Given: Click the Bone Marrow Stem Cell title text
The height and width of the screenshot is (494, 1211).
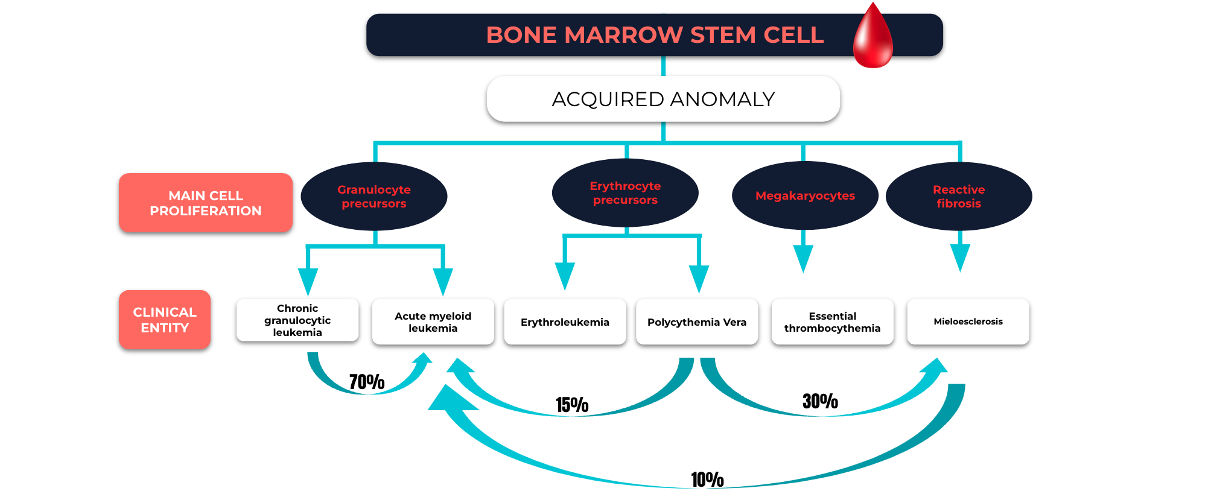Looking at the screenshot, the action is coord(655,35).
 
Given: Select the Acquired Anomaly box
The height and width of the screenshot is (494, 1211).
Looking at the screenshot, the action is coord(663,99).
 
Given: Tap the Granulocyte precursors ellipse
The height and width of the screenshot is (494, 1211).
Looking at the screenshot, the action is coord(374,197).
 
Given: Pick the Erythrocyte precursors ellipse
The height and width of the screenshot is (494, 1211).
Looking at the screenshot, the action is coord(625,193).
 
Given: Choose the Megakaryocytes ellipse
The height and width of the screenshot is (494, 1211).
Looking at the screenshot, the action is coord(805,195).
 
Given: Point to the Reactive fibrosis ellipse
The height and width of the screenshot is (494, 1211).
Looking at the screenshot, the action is coord(959,197).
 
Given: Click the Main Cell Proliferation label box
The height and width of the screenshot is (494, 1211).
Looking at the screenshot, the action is coord(206,203).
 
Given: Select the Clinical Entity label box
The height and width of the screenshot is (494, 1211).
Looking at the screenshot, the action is coord(165,320).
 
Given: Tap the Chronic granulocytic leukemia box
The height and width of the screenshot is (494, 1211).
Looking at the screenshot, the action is coord(297,320).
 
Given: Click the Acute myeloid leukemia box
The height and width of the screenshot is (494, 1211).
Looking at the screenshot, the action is coord(433,322).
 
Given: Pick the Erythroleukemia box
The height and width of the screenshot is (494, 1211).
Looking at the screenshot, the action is coord(565,322).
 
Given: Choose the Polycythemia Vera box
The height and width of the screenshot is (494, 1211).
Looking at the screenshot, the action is coord(697,322).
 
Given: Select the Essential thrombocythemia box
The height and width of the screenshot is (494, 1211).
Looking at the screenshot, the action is coord(833,322).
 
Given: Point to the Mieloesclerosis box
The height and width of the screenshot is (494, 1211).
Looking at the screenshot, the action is coord(968,322).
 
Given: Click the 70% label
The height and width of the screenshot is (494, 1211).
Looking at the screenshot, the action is coord(367,382).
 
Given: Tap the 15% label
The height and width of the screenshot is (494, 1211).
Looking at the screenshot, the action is coord(572,405).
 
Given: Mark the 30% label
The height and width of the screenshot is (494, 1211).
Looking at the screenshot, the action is coord(820,401).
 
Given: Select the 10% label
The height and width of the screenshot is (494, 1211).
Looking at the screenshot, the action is coord(707,480).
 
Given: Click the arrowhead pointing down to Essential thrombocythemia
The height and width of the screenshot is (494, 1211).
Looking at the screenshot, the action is coord(803,259).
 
